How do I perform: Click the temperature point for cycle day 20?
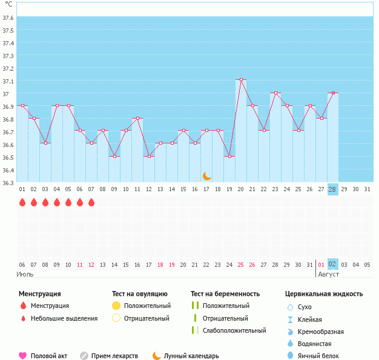241,80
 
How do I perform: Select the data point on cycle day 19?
229,157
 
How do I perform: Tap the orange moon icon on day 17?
207,176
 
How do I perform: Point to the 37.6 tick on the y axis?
8,18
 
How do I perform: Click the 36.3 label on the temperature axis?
8,183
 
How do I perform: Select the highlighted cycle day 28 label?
332,189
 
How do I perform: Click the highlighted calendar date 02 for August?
332,264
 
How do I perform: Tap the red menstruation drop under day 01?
22,203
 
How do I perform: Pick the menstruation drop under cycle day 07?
91,203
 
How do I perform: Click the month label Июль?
25,274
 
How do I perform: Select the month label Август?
329,274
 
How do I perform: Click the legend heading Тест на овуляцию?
142,294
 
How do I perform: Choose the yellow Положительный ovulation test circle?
117,306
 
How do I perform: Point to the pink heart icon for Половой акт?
23,356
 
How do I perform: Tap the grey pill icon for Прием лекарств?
84,356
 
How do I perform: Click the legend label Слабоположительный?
234,331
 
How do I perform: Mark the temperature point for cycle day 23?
275,93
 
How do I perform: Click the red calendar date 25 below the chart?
241,264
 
